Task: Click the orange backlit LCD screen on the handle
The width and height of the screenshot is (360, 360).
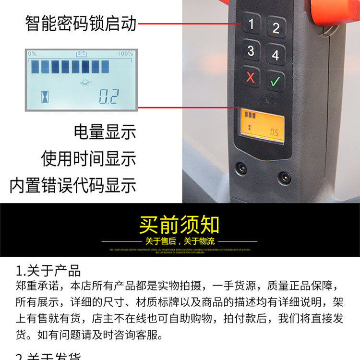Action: (x=262, y=125)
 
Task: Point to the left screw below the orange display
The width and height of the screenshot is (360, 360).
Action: (x=241, y=168)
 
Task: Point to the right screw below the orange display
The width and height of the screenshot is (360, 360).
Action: (x=284, y=178)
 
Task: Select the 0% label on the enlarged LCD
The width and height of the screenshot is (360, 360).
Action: (x=32, y=54)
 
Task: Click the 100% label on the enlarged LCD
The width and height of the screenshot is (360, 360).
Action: (x=125, y=54)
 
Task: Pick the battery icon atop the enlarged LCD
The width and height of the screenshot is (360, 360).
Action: (x=80, y=54)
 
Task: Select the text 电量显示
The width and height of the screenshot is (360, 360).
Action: (x=105, y=132)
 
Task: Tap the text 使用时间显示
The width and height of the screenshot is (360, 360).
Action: (x=89, y=158)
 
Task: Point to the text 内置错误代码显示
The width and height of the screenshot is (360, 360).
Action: (x=73, y=185)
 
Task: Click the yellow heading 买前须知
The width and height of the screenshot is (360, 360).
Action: (x=180, y=225)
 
